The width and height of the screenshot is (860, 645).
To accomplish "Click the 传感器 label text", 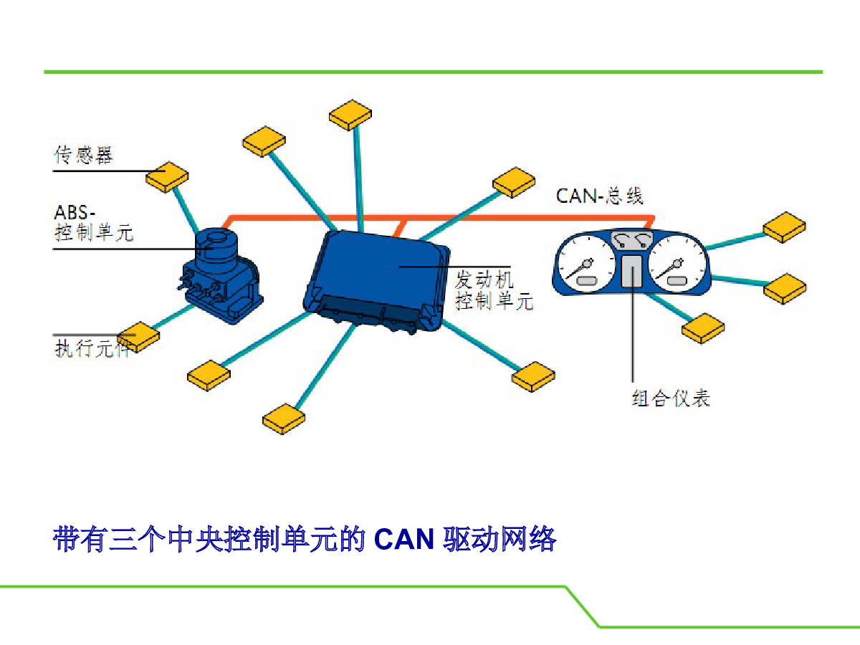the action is coord(83,155).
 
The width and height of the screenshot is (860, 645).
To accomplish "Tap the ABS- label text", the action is coord(75,213).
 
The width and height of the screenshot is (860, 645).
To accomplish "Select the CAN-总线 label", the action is coord(599,196).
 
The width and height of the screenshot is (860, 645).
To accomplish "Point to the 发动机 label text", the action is coord(484,279).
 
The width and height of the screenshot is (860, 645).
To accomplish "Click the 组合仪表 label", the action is coord(671,398).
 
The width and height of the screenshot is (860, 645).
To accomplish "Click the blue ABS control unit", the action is coord(219,275).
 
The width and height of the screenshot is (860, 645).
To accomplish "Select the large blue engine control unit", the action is coord(376,281).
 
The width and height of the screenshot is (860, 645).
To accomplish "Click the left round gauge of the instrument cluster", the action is coord(586,264).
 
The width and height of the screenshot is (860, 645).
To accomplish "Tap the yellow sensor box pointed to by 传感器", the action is coord(167,177).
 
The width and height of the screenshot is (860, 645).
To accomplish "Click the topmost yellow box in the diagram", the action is coord(350,115).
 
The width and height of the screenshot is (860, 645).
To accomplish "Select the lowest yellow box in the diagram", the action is coord(284,419).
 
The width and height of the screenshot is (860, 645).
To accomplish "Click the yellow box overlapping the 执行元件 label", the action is coord(138,337).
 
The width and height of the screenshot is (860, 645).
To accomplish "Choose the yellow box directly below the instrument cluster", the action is coord(703,328).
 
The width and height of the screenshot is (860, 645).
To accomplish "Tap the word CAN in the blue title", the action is coord(404,539).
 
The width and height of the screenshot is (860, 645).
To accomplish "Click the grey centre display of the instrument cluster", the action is coord(631,271).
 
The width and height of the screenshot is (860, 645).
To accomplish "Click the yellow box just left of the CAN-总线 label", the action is coord(514,183).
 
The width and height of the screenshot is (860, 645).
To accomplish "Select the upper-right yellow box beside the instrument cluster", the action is coord(784,227).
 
